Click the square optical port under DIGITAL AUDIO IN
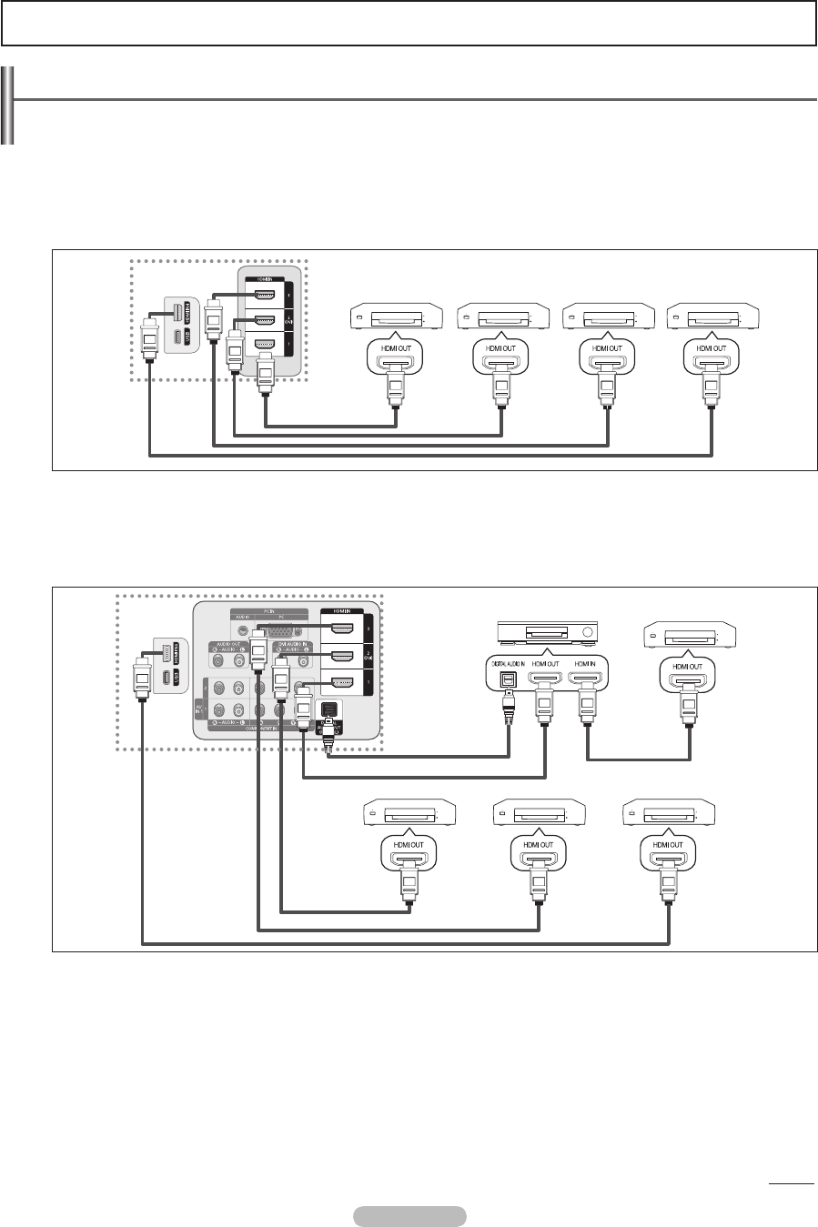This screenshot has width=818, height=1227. click(508, 680)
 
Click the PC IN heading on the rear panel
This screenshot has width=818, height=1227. click(268, 611)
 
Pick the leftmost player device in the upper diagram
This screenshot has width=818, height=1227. click(397, 319)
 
